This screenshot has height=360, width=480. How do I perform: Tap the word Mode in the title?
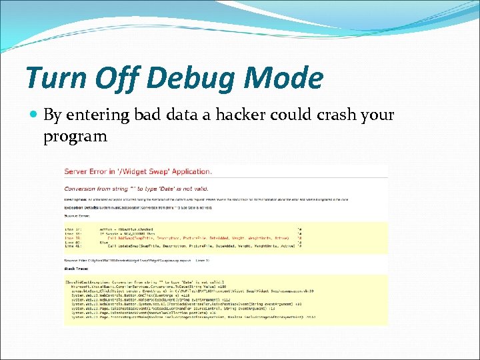[x=283, y=78]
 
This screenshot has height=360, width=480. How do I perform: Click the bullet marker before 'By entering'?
[x=34, y=115]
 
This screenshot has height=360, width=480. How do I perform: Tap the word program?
[x=75, y=137]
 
